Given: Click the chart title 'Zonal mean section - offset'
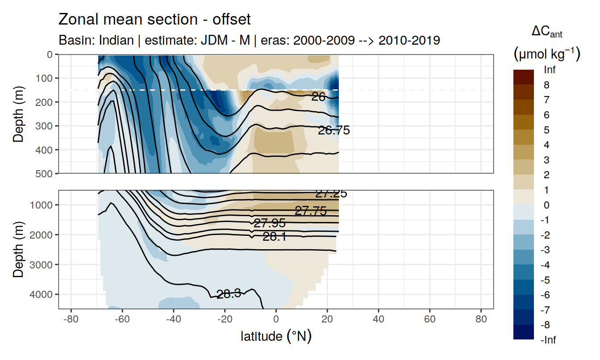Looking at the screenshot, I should point(154,20).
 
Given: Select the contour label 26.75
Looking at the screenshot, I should point(333,130).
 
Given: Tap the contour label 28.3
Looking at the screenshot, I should point(229,293).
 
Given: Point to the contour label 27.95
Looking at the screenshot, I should point(269,223).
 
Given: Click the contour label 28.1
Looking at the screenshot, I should point(274,237).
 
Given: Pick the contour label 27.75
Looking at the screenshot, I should point(311,211).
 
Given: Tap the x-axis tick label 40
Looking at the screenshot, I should point(379,320).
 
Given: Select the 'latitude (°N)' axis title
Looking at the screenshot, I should point(276,336).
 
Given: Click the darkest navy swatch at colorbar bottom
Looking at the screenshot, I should point(524,332).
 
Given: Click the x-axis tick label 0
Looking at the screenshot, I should point(276,320).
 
